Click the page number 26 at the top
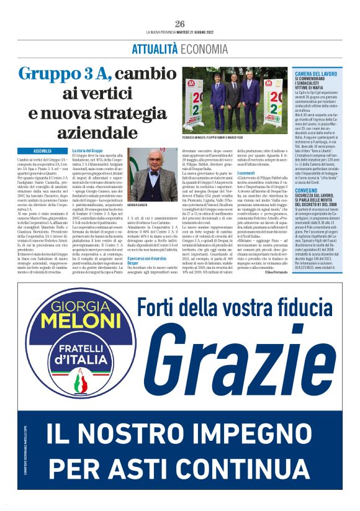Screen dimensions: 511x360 click(181, 24)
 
